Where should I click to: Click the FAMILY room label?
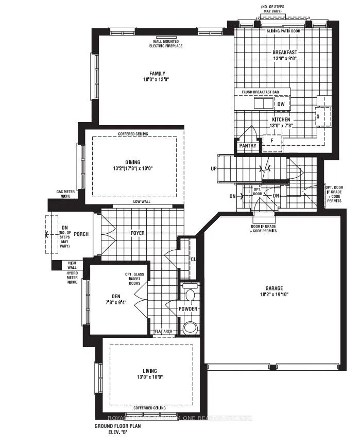click(153, 74)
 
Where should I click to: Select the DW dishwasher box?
click(281, 104)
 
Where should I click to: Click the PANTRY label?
click(248, 146)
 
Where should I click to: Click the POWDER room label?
click(188, 309)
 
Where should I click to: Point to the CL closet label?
click(193, 259)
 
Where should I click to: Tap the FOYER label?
click(137, 233)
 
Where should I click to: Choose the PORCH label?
click(81, 234)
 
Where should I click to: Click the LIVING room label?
click(150, 371)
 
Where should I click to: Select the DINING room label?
click(132, 162)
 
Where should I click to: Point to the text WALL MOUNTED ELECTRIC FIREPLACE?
click(162, 44)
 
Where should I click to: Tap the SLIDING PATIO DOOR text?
click(283, 31)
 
